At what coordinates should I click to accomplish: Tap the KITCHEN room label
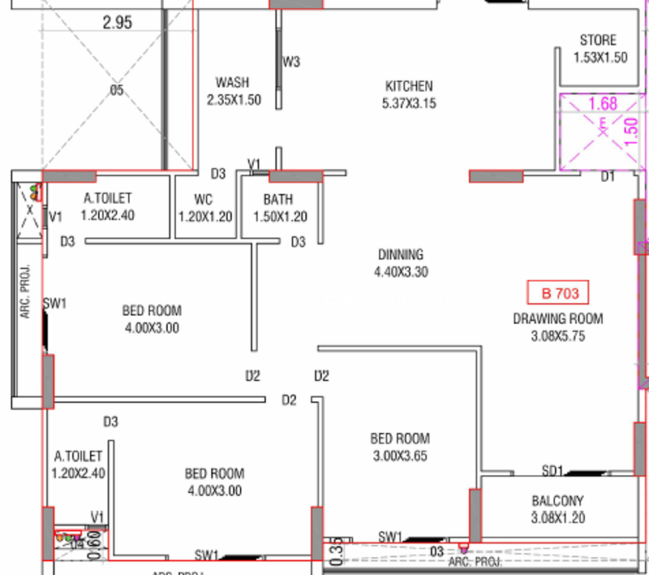coord(408,86)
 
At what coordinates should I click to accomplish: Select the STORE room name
coord(598,41)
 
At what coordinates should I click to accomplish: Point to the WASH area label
coord(232,83)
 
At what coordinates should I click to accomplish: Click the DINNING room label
coord(400,255)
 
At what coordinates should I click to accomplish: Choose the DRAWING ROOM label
coord(557,318)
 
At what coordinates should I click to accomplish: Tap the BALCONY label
coord(557,501)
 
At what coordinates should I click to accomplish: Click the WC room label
coord(203,199)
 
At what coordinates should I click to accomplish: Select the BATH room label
coord(278,199)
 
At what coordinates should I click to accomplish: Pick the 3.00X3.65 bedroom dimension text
coord(400,456)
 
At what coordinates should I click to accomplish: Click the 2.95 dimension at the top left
coord(117,23)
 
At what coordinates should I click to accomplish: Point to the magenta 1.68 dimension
coord(603,103)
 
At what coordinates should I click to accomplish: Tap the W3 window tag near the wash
coord(291,62)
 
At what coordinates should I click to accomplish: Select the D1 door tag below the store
coord(608,176)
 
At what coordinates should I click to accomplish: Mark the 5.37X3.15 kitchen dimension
coord(409,103)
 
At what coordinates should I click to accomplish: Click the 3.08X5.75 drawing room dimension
coord(557,335)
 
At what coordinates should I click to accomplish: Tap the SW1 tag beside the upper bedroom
coord(54,304)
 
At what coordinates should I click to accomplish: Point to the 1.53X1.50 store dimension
coord(600,58)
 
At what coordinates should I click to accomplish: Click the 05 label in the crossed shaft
coord(117,90)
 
